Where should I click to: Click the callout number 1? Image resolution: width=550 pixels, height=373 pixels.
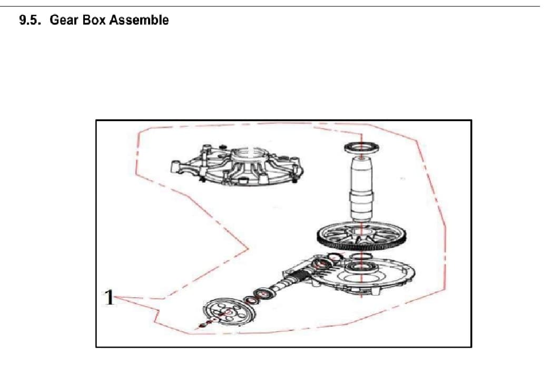pyautogui.click(x=108, y=297)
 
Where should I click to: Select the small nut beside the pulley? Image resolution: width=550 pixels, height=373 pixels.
pyautogui.click(x=202, y=325)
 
